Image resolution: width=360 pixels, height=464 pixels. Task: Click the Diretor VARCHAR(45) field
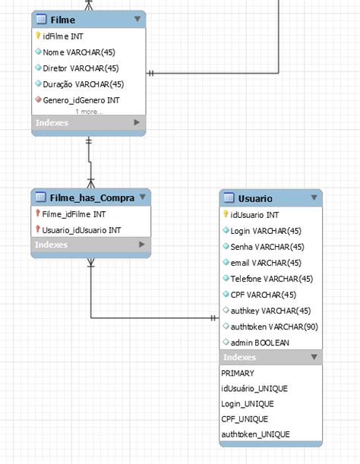[81, 68]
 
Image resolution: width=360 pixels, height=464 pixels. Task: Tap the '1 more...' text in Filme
[88, 112]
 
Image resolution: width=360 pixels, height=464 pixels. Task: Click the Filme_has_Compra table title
[90, 197]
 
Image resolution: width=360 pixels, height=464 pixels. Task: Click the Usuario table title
[255, 198]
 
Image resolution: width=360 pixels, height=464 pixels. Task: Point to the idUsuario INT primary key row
[254, 215]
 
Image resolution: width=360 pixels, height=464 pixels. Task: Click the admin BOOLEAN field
[259, 342]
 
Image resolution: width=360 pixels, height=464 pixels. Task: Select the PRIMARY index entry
[238, 373]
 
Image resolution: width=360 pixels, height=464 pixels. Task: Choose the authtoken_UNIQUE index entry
[255, 434]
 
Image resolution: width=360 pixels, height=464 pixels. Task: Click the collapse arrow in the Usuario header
[314, 198]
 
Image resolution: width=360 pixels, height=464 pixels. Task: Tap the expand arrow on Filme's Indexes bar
[137, 122]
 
